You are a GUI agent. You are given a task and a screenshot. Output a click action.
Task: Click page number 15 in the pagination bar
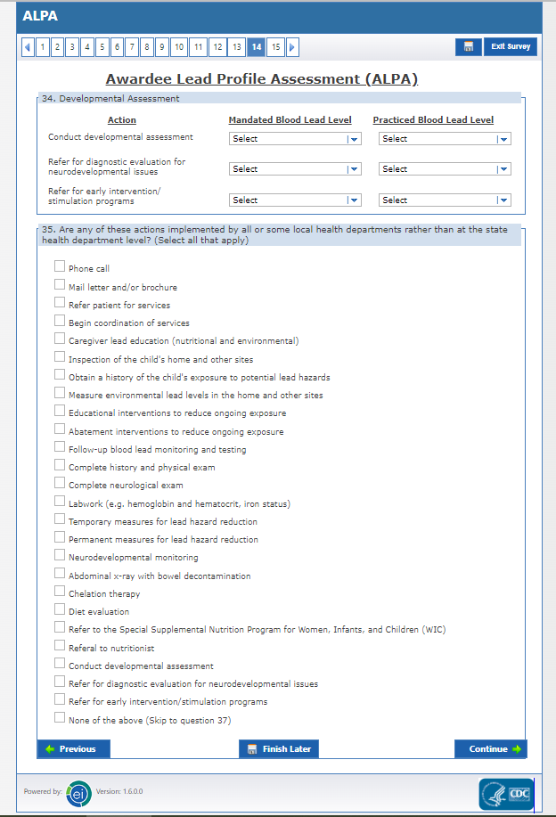276,47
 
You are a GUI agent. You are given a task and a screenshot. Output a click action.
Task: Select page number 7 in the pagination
132,47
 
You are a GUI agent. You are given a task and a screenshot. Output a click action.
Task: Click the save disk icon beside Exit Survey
468,47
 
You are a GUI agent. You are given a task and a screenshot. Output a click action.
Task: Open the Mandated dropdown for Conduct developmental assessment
295,139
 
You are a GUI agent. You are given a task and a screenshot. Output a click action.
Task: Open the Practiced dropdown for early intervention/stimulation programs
445,200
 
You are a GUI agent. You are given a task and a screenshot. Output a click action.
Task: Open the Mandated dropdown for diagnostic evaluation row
295,169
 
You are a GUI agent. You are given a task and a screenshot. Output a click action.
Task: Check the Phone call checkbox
60,266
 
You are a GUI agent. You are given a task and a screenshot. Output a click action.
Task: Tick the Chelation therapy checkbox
60,592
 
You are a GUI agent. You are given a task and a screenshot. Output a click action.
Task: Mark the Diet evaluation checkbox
60,610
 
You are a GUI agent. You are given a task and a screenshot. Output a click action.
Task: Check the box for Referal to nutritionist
60,647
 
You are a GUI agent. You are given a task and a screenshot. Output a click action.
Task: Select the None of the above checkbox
60,719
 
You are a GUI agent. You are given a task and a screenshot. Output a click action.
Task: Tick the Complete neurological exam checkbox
60,484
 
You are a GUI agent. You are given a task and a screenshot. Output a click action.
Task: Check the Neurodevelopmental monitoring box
60,556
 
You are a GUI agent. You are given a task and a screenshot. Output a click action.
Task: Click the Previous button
72,749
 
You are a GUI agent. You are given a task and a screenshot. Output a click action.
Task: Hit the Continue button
491,749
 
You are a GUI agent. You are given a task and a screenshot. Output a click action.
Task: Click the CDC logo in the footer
506,793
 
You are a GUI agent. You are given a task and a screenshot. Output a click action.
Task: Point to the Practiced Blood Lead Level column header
433,120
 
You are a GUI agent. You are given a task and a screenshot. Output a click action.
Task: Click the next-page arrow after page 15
293,47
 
